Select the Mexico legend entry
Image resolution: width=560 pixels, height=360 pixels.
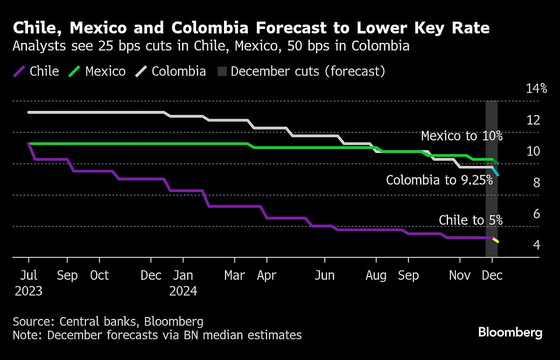tap(98, 71)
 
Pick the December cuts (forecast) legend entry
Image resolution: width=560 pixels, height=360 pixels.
tap(301, 71)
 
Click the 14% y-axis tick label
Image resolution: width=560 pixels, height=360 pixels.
tap(536, 89)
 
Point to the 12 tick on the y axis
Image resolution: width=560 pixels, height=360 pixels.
tap(533, 120)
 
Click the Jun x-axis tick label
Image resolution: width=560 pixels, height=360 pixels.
tap(324, 276)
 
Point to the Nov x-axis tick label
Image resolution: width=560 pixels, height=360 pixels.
tap(460, 276)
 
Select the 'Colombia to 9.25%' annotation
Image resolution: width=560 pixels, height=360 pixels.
tap(440, 180)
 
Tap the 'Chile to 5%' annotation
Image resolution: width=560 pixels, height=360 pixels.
tap(470, 220)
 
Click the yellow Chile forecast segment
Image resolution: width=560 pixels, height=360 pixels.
tap(496, 240)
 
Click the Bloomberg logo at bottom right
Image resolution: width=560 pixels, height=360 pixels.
tap(510, 332)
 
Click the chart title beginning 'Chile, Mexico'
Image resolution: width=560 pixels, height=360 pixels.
tap(251, 28)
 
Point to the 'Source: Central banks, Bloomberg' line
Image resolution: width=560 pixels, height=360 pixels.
tap(108, 321)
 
